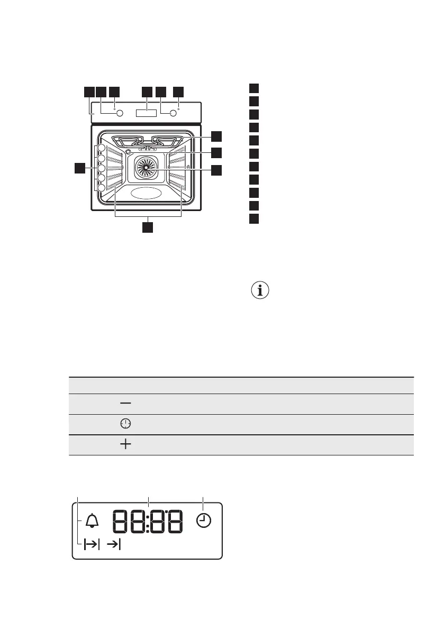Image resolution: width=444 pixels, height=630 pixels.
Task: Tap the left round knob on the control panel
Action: pos(120,113)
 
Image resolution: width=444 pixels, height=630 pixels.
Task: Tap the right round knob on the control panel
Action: pos(173,113)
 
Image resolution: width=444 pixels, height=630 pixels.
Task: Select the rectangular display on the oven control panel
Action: pos(146,113)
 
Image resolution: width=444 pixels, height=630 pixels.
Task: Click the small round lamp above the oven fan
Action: pos(128,152)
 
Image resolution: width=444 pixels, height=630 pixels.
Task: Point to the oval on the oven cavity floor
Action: pos(146,193)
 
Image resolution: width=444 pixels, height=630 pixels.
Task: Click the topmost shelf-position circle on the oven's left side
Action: pos(101,149)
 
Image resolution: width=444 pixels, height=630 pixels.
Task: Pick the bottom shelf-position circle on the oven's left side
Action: pos(101,188)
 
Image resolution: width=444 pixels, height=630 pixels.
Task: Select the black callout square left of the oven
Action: pos(79,168)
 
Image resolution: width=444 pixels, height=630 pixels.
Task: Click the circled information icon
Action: pos(260,290)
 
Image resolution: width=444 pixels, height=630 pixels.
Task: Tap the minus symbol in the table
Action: pos(125,404)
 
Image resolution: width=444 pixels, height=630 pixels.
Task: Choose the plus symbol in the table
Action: pos(125,445)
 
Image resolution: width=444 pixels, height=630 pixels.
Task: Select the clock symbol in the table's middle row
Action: pos(125,424)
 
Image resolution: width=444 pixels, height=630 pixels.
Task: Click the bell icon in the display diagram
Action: pos(92,521)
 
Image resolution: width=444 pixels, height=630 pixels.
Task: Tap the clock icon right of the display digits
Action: pos(203,521)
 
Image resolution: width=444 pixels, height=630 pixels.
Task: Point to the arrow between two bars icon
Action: pos(92,544)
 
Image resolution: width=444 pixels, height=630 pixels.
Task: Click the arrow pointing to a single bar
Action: pos(113,544)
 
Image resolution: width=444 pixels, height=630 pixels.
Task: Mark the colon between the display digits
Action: pos(148,522)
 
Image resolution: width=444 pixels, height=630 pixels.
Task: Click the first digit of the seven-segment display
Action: pos(121,522)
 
